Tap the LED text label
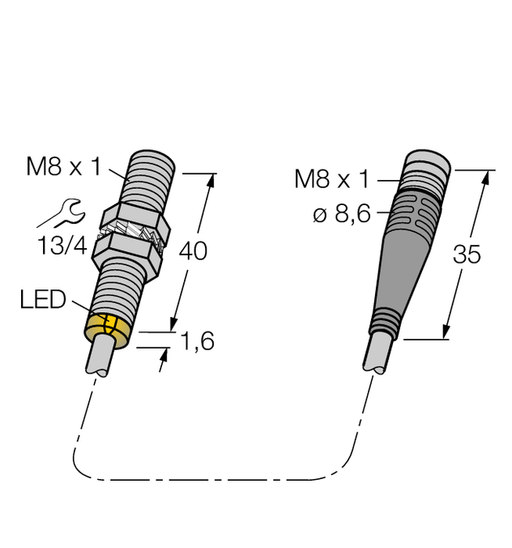coord(42,301)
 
